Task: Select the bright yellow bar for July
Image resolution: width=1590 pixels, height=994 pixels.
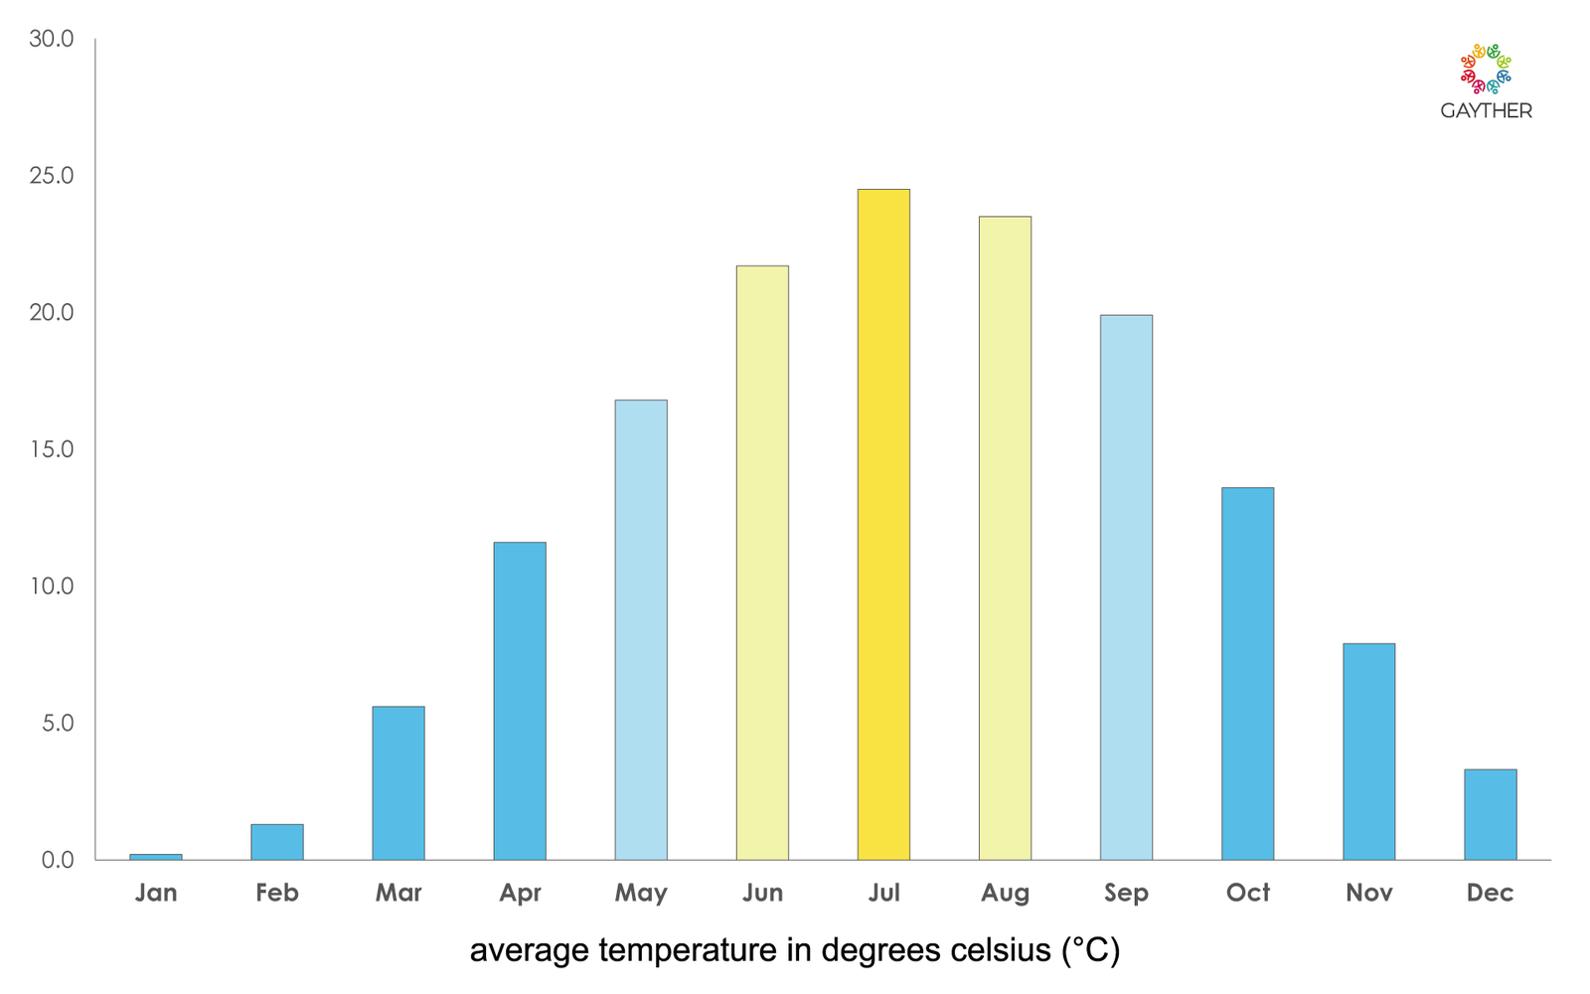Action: coord(883,524)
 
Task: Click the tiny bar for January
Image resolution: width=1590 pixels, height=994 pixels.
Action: coord(156,856)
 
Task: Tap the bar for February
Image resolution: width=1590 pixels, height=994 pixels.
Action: coord(277,842)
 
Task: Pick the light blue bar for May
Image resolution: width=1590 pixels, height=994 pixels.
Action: coord(641,629)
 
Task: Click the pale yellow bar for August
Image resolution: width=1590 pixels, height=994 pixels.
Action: coord(1005,538)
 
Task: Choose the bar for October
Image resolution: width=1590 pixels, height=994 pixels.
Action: coord(1247,673)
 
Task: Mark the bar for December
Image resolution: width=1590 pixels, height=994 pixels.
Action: coord(1490,814)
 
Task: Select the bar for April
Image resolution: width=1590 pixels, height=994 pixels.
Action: coord(520,701)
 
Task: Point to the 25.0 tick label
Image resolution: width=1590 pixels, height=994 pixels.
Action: coord(52,176)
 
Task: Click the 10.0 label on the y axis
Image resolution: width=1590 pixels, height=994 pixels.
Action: coord(52,586)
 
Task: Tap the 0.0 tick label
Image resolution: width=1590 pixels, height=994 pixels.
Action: coord(58,860)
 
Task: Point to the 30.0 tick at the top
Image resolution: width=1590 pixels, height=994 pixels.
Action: coord(52,39)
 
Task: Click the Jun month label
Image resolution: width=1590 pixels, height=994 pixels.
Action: coord(762,893)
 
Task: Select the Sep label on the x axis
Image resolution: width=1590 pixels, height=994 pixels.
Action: coord(1126,893)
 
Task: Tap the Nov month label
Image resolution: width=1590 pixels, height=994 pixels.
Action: coord(1368,893)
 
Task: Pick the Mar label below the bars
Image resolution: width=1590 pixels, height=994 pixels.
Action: coord(398,893)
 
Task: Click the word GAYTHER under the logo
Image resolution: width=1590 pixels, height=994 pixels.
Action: coord(1486,111)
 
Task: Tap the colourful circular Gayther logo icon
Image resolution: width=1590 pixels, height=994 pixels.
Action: coord(1486,69)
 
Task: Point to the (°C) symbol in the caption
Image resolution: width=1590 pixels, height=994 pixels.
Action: coord(1090,950)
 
